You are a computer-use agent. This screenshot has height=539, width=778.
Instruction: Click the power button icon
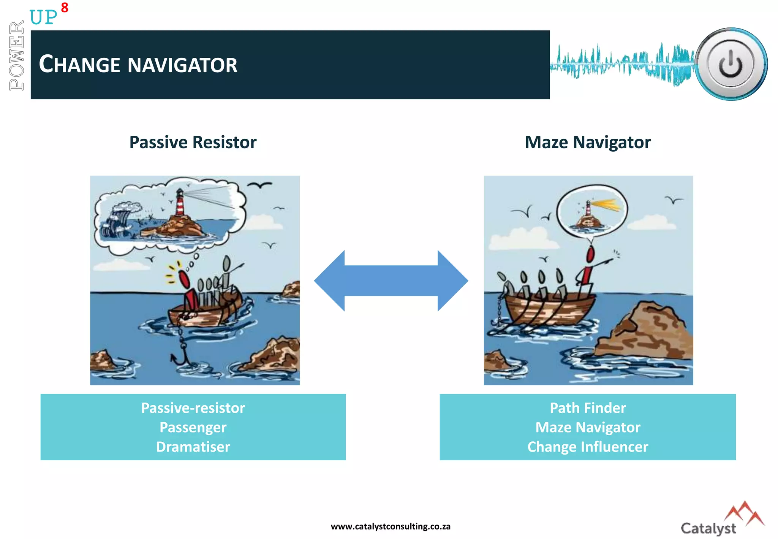coord(731,64)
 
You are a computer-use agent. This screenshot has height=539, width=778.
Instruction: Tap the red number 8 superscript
coord(65,8)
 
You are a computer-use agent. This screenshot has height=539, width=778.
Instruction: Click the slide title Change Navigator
coord(138,64)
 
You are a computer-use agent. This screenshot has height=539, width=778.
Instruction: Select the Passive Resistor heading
coord(193,143)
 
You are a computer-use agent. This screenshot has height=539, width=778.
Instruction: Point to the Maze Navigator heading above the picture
coord(587,143)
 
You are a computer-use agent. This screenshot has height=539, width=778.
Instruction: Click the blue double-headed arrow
coord(391,281)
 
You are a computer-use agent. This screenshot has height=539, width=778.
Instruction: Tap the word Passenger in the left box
coord(193,427)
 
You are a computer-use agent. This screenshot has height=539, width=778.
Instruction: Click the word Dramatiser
coord(193,447)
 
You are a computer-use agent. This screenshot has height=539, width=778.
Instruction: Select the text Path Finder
coord(588,408)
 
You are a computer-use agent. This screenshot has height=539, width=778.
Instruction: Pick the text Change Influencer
coord(588,447)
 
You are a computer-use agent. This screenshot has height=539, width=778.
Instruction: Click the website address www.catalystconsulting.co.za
coord(391,526)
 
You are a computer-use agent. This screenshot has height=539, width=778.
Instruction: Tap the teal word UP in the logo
coord(43,17)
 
